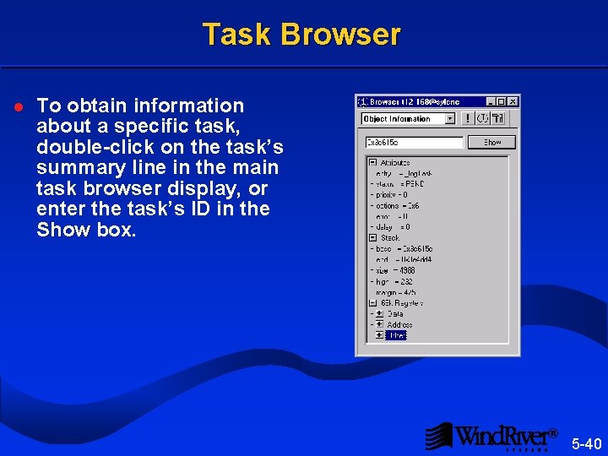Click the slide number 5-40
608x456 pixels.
coord(586,443)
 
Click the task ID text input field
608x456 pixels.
coord(412,142)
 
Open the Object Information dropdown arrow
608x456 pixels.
coord(449,119)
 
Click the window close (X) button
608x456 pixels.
coord(513,101)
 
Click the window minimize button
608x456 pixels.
coord(491,101)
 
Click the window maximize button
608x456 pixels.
coord(502,101)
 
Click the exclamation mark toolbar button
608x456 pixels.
coord(469,119)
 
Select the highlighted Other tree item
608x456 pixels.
coord(397,335)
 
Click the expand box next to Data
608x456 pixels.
coord(379,313)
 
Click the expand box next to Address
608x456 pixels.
coord(379,324)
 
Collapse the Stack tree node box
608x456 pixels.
coord(372,237)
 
